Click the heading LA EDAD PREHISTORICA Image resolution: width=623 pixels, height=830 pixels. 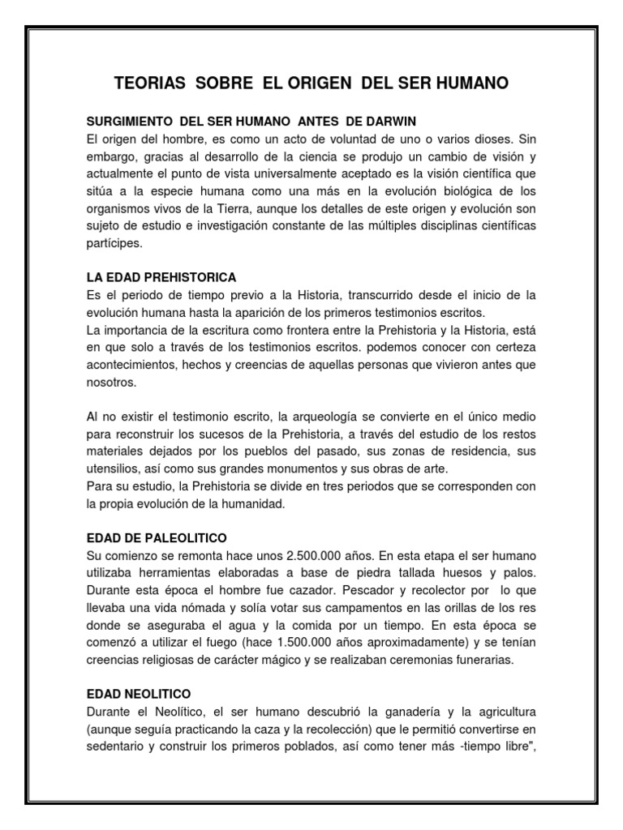point(161,277)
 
